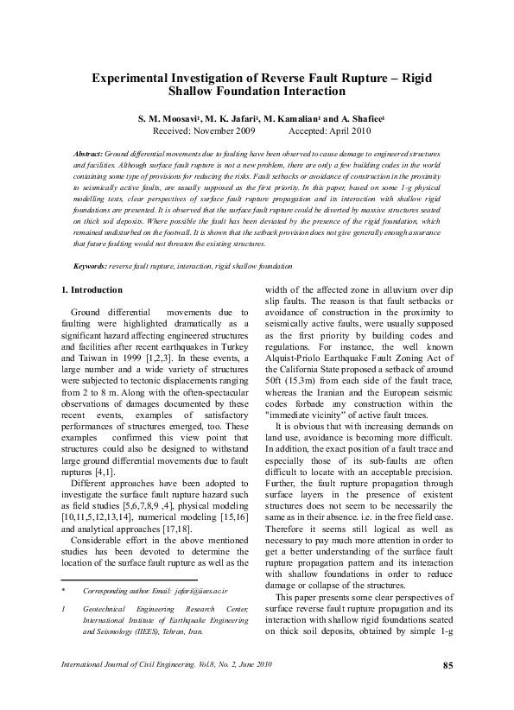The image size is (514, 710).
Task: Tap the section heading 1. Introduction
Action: [92, 290]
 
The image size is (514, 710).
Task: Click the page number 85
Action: [447, 665]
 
